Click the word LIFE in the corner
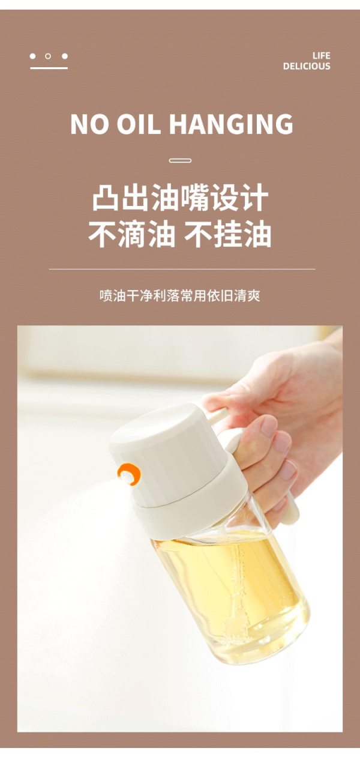[x=322, y=56]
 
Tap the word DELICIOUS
[x=307, y=66]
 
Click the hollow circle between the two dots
[x=48, y=56]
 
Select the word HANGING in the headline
[x=231, y=124]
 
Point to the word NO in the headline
[x=90, y=124]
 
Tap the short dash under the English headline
[x=180, y=160]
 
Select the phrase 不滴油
[x=132, y=234]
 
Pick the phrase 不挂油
[x=228, y=234]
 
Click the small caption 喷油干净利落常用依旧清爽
[x=180, y=296]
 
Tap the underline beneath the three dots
[x=49, y=68]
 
